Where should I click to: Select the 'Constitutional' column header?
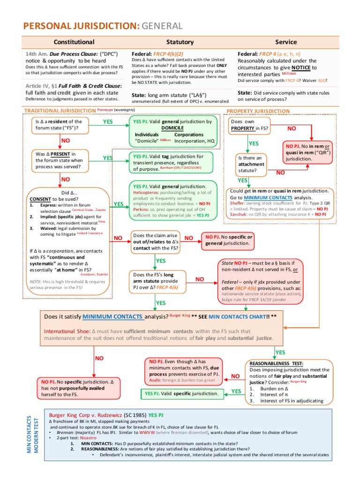click(74, 42)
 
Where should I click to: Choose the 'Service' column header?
click(286, 42)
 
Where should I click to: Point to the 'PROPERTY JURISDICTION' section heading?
click(258, 111)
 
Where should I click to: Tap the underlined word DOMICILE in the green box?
click(172, 127)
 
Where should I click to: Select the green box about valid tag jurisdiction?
click(173, 162)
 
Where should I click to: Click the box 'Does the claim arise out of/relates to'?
click(155, 241)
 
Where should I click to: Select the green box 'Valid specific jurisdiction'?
click(180, 393)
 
